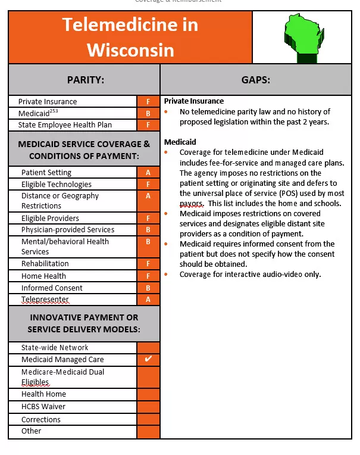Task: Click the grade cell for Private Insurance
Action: point(148,102)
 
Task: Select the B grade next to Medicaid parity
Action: point(148,113)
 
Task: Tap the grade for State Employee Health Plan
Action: point(148,125)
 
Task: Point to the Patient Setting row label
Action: point(46,173)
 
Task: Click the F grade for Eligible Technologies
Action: point(148,185)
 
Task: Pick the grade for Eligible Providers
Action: point(148,218)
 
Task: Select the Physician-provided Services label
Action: point(68,230)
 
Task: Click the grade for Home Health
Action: point(148,276)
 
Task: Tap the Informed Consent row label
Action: point(52,288)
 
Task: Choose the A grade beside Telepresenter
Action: point(148,300)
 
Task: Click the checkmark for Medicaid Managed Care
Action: point(148,359)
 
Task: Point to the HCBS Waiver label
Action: point(43,407)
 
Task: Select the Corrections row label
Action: point(41,419)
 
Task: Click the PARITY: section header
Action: point(85,79)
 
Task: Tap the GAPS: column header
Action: point(256,79)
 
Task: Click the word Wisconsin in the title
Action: point(130,49)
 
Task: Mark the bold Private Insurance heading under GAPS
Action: point(194,101)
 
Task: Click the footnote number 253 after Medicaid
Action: point(54,111)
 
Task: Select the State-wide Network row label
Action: point(55,348)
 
